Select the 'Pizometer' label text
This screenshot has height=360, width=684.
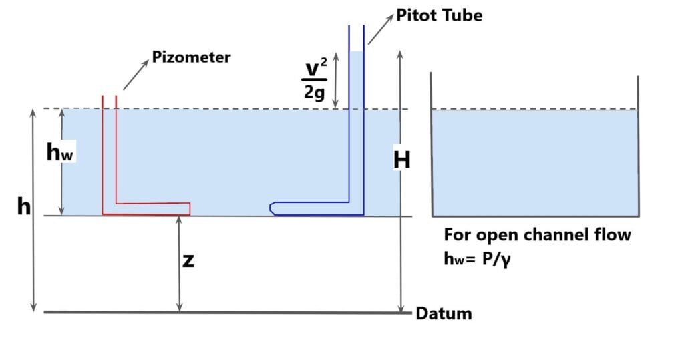click(191, 57)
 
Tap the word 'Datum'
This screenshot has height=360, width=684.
click(444, 313)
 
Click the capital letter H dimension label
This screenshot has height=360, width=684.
click(401, 160)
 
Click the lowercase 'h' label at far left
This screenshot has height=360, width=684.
click(24, 207)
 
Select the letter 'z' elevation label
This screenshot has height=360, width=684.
click(188, 261)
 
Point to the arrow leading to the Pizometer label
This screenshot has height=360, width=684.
click(136, 75)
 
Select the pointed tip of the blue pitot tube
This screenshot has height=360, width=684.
click(271, 208)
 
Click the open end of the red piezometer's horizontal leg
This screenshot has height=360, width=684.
click(190, 209)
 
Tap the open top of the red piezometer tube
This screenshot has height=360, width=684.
click(109, 96)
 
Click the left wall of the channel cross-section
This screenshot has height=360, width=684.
click(432, 147)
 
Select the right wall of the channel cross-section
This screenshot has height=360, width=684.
click(638, 147)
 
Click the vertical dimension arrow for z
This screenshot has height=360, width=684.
click(179, 264)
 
